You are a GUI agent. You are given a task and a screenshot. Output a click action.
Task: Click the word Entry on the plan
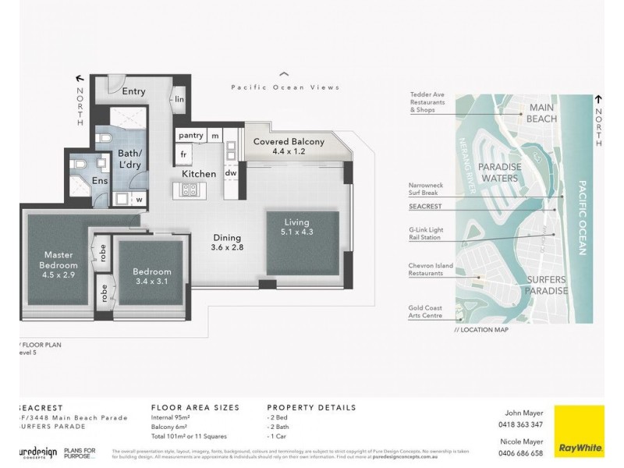tap(133, 91)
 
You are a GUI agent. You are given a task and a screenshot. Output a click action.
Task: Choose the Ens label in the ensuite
tap(101, 180)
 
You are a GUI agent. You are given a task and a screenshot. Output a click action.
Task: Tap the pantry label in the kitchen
tap(191, 136)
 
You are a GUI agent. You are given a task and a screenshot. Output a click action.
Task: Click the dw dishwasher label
tap(231, 173)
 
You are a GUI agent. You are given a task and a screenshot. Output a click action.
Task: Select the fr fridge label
tap(185, 155)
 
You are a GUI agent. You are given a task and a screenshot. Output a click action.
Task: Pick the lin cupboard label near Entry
tap(179, 99)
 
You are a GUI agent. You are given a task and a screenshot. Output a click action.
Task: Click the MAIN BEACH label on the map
tap(548, 112)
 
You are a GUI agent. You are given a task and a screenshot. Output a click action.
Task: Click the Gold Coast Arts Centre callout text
tap(426, 312)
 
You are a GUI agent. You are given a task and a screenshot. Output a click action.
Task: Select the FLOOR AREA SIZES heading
tap(195, 407)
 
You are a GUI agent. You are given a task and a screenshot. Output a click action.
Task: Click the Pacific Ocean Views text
tap(285, 88)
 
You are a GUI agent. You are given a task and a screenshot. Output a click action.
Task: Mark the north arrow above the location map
tap(598, 100)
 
